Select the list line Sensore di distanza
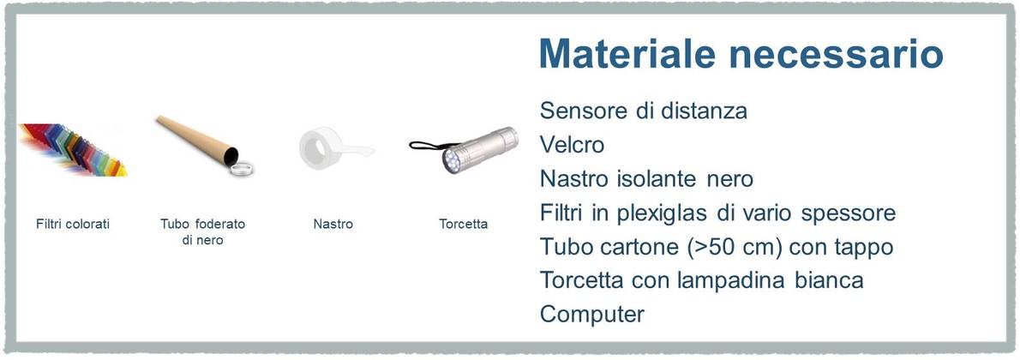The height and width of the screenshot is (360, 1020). coord(644,111)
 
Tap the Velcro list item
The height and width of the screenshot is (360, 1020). coord(572,145)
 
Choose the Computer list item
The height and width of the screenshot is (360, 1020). coord(592,315)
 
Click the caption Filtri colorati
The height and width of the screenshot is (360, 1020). coord(73,224)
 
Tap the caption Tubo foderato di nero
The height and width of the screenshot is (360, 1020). coord(202,231)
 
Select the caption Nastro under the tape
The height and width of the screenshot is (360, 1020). coord(333,224)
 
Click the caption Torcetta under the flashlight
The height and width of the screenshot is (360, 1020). coord(463,224)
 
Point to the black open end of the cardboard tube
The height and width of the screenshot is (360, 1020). coord(230,156)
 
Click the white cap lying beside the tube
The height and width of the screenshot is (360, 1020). coord(242,169)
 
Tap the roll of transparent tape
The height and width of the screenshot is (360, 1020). coord(322,148)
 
